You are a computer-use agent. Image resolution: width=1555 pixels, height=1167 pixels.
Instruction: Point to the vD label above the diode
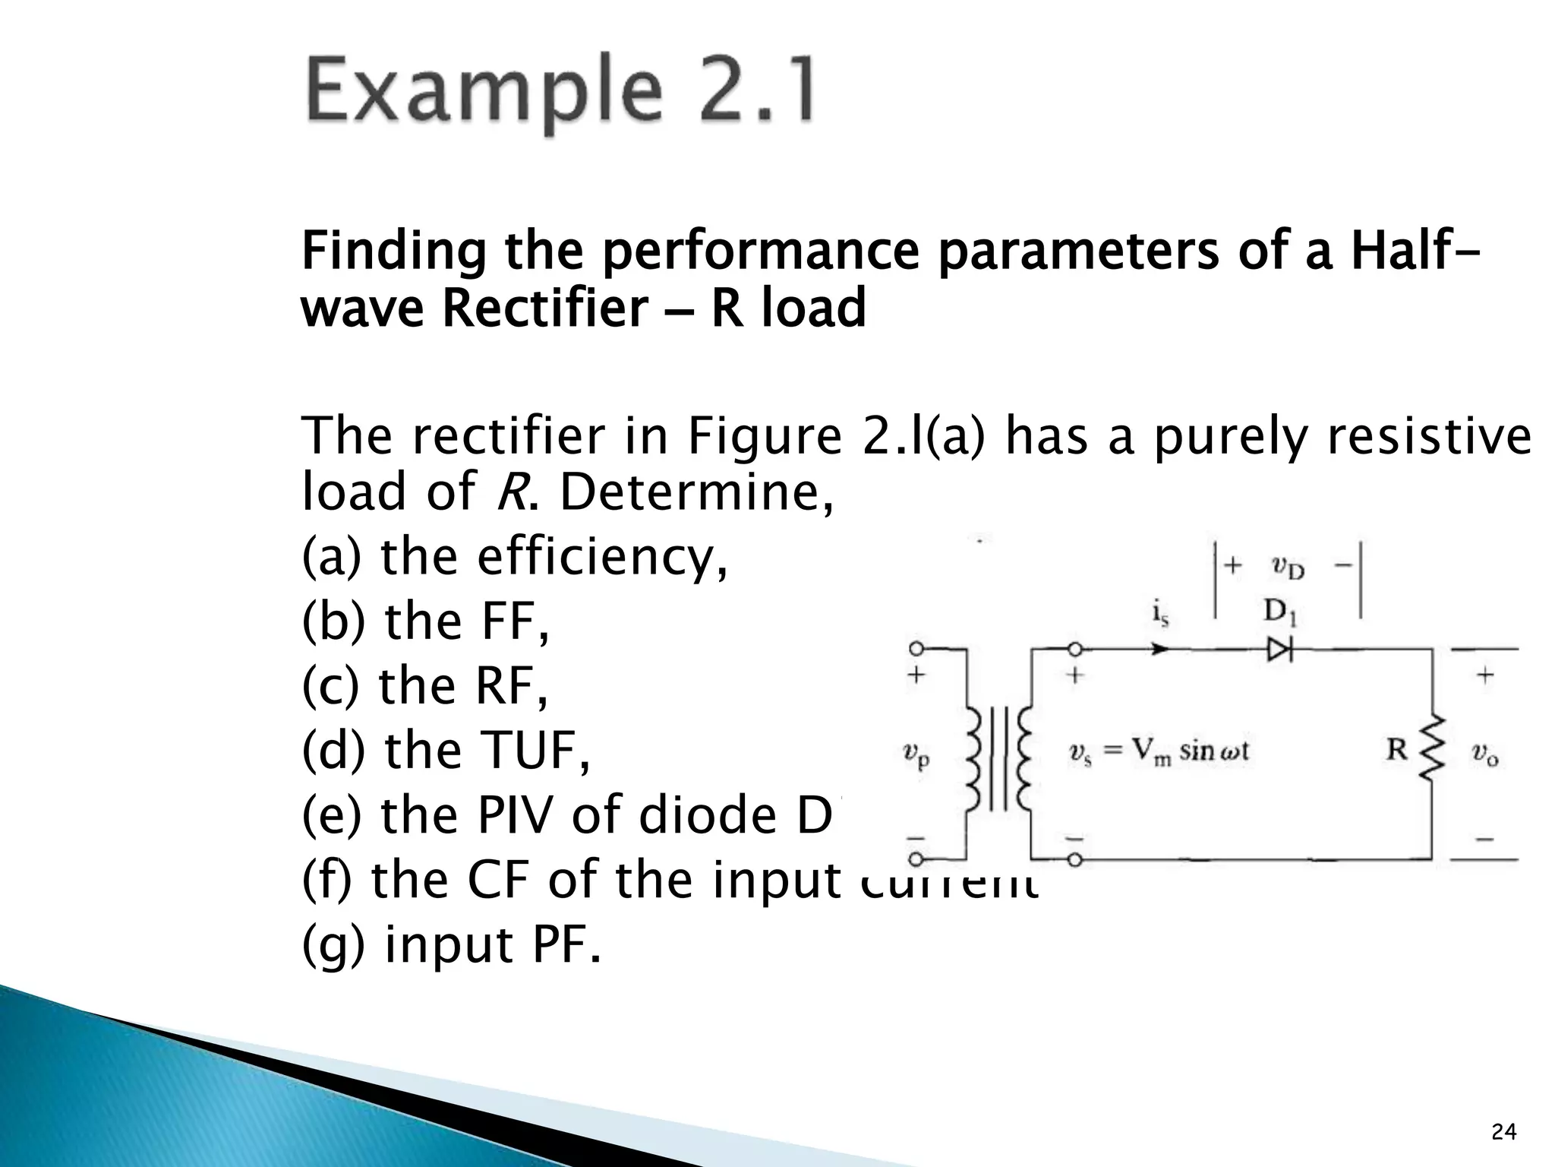click(x=1288, y=568)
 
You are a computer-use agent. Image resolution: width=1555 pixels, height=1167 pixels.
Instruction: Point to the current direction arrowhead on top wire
click(x=1159, y=649)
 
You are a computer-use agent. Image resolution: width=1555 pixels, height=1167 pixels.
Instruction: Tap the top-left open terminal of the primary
click(x=916, y=649)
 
